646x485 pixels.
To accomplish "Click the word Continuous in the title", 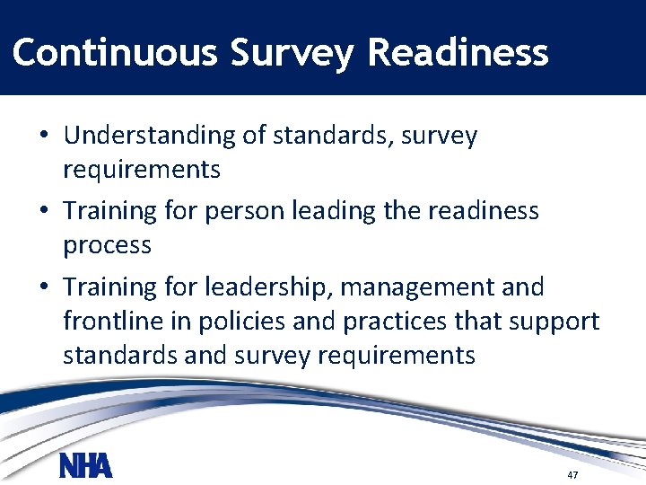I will point(115,53).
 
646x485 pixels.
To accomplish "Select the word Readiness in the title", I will point(458,53).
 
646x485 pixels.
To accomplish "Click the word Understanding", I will point(149,136).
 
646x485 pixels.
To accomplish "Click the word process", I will point(107,245).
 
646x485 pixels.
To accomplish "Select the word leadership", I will point(258,287).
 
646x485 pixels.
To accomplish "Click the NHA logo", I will point(85,466).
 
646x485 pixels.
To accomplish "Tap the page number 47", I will point(572,473).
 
